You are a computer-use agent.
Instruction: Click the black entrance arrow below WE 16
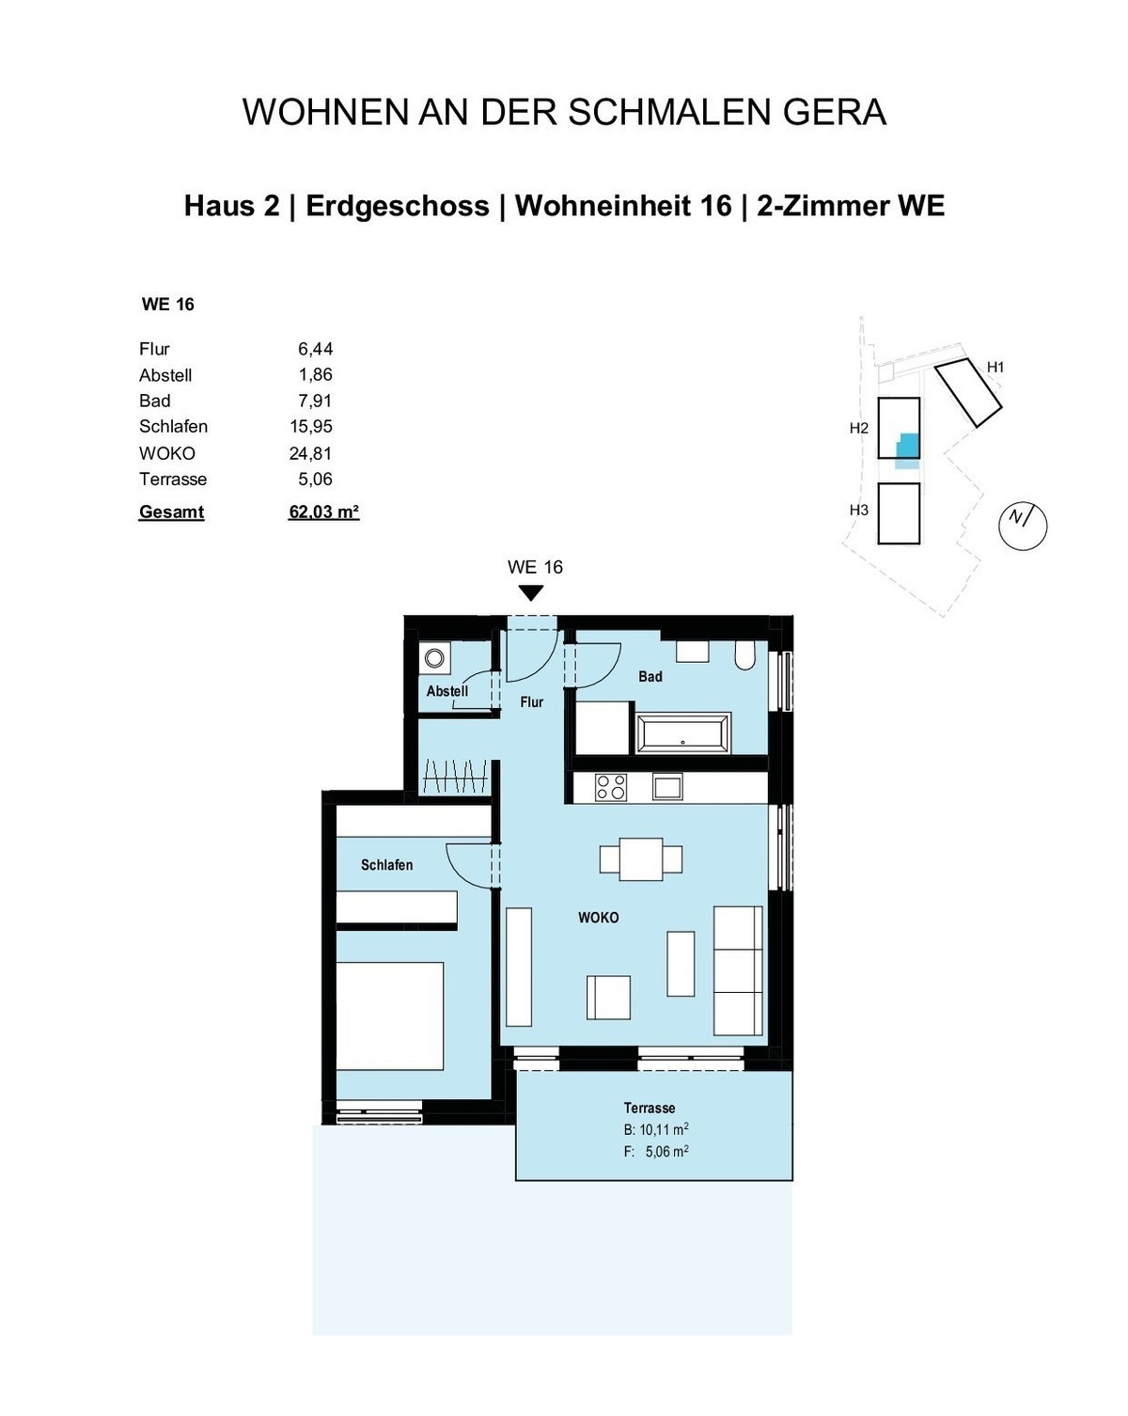[x=531, y=593]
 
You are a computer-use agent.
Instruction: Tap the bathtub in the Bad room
[x=682, y=732]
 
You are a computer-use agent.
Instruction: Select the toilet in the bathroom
[x=745, y=654]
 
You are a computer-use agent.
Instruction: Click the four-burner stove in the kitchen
[x=611, y=787]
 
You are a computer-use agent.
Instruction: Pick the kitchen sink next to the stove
[x=668, y=787]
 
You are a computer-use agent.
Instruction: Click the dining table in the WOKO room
[x=640, y=859]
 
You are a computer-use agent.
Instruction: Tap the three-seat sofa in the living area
[x=738, y=969]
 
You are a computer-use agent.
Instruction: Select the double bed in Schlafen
[x=389, y=1015]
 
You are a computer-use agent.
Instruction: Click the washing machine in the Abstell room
[x=434, y=658]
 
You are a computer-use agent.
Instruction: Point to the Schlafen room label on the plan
[x=386, y=865]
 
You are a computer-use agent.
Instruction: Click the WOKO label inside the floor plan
[x=598, y=918]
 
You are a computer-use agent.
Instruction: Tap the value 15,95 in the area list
[x=311, y=426]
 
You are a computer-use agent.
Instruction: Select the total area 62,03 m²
[x=323, y=512]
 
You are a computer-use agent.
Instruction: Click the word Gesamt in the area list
[x=171, y=512]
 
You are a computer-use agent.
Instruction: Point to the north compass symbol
[x=1022, y=525]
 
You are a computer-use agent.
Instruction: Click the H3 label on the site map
[x=858, y=510]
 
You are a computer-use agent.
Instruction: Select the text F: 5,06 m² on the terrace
[x=656, y=1151]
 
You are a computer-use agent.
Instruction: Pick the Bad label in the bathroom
[x=650, y=676]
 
